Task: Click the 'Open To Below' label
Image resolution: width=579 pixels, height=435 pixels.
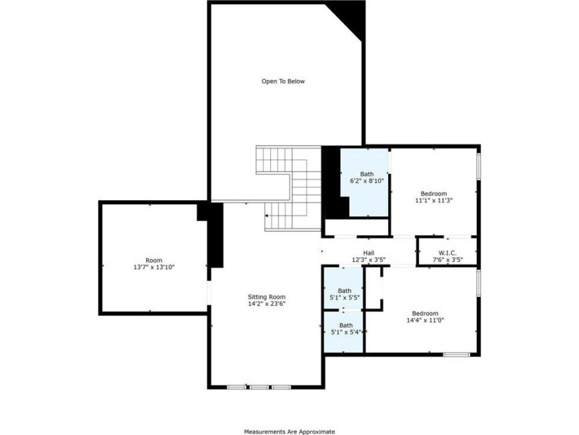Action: (283, 81)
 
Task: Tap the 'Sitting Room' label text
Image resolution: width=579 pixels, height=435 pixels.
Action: (267, 297)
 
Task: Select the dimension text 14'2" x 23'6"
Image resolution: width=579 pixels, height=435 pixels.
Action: (267, 304)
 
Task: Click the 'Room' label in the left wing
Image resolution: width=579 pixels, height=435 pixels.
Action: (154, 260)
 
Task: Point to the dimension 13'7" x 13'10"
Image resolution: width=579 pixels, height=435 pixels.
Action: (154, 267)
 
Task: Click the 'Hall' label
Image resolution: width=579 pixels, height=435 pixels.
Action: (369, 253)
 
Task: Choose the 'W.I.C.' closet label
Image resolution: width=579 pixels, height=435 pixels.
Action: (447, 253)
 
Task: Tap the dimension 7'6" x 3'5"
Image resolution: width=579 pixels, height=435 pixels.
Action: (447, 260)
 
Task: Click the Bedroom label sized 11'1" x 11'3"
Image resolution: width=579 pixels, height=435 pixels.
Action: (434, 193)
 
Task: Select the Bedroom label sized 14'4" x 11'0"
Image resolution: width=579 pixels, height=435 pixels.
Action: (425, 313)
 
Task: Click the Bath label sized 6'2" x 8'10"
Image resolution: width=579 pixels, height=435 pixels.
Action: (367, 174)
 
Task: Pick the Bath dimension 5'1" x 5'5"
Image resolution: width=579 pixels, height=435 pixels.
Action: (345, 298)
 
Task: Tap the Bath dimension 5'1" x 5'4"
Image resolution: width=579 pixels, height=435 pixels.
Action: (345, 332)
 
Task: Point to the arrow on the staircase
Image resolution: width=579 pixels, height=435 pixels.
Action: (267, 215)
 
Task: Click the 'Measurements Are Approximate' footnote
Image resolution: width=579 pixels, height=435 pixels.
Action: (289, 432)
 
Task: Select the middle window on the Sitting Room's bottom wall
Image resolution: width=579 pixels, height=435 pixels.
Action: (259, 387)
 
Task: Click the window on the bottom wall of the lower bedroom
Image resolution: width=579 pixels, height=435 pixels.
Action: (456, 354)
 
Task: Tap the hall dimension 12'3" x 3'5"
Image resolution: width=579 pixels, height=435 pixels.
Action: (369, 260)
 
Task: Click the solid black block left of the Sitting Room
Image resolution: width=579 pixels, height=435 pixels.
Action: (215, 235)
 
